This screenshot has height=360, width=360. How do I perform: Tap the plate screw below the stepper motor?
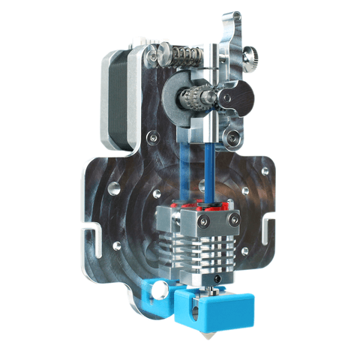tap(152, 138)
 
